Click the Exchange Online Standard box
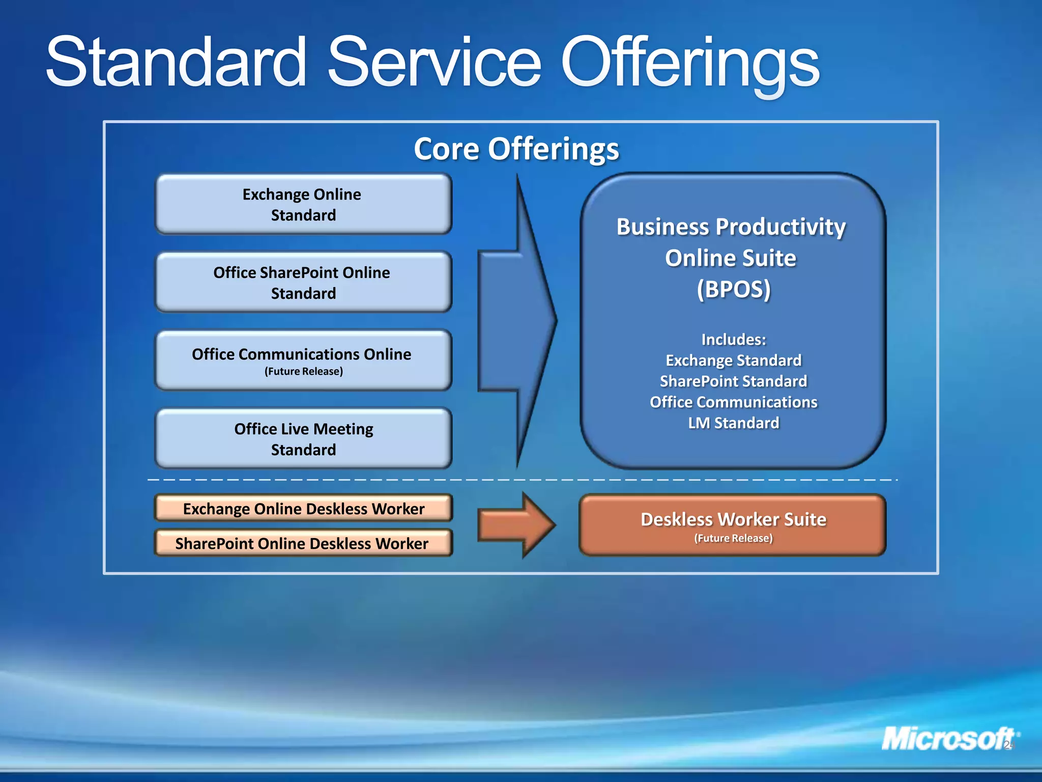(x=303, y=204)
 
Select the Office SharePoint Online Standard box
(x=303, y=283)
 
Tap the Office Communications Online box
(x=303, y=360)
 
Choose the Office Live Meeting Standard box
(x=303, y=439)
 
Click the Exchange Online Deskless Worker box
(x=303, y=509)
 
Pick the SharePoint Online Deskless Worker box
(x=303, y=543)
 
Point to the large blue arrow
(x=519, y=321)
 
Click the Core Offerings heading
(x=516, y=149)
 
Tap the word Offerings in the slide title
(x=689, y=64)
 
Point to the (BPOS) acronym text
(x=733, y=289)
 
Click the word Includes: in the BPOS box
(x=733, y=340)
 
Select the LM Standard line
(x=733, y=423)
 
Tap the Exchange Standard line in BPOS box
(x=733, y=360)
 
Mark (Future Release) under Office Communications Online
(x=304, y=372)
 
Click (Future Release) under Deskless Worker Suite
(x=733, y=539)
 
